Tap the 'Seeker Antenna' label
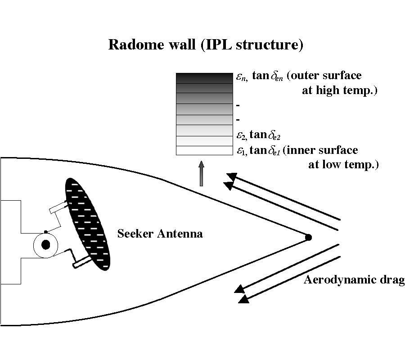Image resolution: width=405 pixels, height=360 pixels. coord(160,234)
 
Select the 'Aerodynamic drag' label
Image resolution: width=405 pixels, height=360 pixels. coord(354,280)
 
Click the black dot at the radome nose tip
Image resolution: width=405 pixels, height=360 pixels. coord(308,237)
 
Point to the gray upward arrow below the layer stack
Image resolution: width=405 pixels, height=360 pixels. coord(201,173)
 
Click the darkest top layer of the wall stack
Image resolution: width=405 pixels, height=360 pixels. coord(204,78)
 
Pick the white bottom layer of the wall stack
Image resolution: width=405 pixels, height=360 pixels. coord(204,151)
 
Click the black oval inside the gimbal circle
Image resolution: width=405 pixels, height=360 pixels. coord(45,245)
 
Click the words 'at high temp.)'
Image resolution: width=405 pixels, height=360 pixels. coord(339,91)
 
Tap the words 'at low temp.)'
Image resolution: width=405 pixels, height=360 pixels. coord(343,165)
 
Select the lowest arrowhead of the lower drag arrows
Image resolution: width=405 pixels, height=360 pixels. coord(243,299)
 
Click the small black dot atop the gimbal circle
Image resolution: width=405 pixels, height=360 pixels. coord(45,232)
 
